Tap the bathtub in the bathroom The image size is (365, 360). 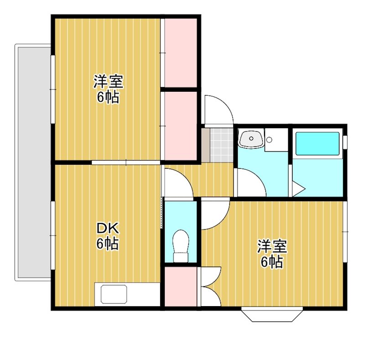click(318, 144)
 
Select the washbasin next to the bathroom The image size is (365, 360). click(251, 139)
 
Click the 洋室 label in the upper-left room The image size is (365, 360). click(108, 82)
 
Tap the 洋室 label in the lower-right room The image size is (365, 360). click(272, 246)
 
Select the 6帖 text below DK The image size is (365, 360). click(108, 244)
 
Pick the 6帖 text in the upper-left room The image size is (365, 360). click(108, 98)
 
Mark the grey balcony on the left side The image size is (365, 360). click(33, 162)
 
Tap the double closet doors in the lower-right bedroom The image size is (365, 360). click(210, 287)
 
